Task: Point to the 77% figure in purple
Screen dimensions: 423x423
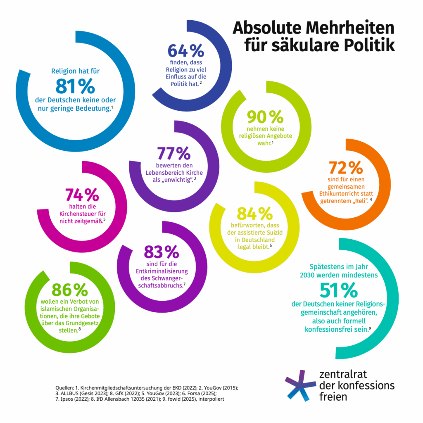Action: pyautogui.click(x=173, y=154)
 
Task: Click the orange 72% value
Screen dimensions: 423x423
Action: pyautogui.click(x=345, y=168)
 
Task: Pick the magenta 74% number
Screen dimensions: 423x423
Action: pyautogui.click(x=82, y=195)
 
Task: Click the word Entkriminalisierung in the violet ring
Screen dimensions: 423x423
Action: pyautogui.click(x=162, y=271)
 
